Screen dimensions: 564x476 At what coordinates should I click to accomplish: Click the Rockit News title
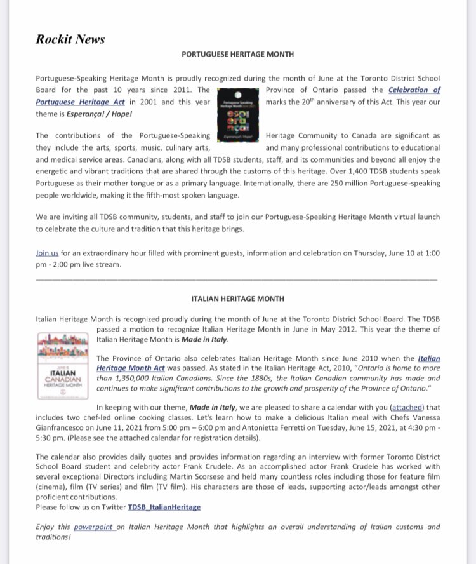click(x=70, y=39)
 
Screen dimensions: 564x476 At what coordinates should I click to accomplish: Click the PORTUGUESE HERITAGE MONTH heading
click(x=237, y=55)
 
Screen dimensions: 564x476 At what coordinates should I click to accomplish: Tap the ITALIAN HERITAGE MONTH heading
click(x=237, y=299)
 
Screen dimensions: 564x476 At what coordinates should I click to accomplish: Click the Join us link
click(x=48, y=253)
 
